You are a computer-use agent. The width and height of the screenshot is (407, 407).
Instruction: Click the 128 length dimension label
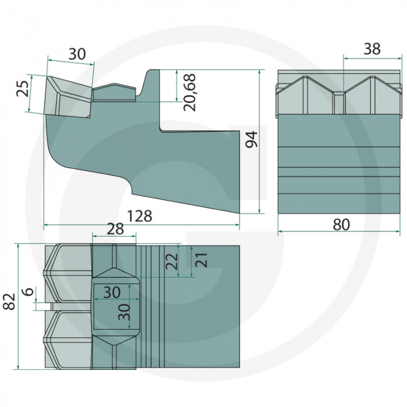140,216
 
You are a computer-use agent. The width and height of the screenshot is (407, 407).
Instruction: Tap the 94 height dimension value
252,140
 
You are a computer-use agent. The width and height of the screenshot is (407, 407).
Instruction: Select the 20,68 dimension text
189,92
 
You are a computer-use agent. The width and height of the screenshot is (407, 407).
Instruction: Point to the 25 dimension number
23,89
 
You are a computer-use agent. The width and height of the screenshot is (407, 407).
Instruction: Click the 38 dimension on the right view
372,48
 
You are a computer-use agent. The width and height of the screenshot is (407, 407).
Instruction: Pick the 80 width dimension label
341,224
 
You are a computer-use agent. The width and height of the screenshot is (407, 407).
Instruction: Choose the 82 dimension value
9,302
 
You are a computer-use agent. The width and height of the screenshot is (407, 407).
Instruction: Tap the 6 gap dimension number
28,291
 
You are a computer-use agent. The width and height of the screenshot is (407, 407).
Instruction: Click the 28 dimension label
115,229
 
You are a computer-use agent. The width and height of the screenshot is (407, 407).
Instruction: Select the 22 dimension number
172,261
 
